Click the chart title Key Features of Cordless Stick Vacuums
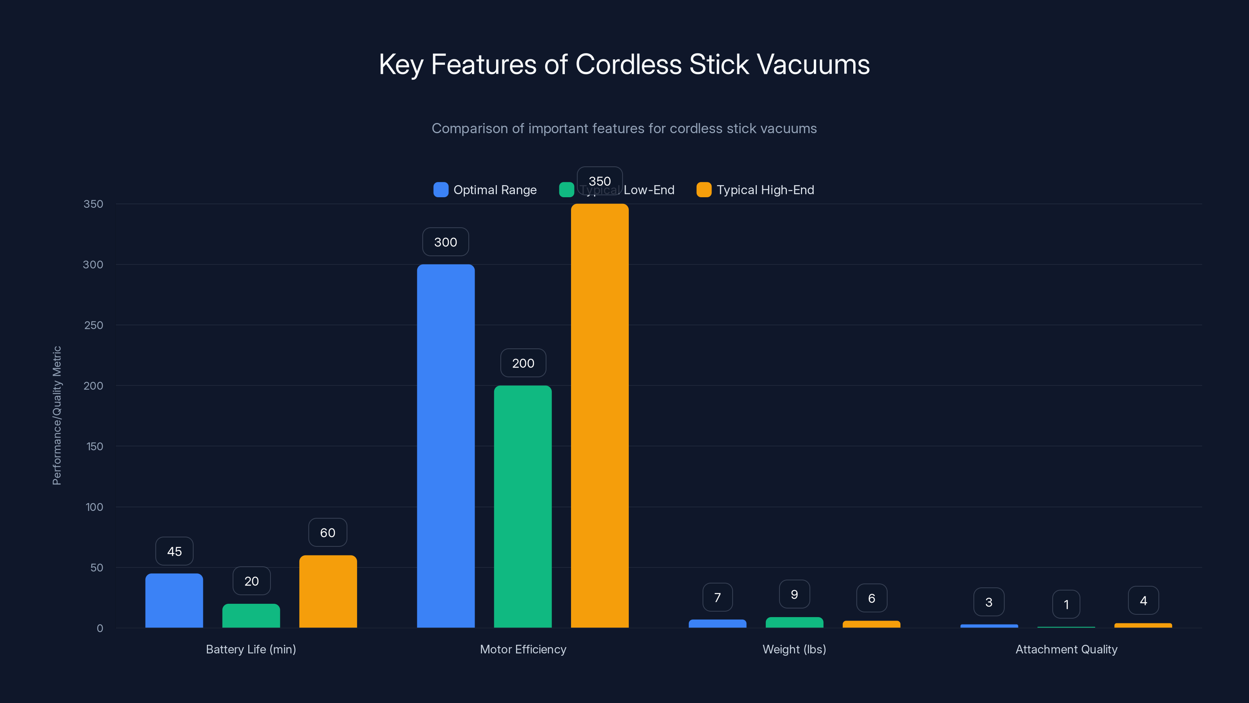coord(624,64)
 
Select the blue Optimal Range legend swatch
coord(440,190)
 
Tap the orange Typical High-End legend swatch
coord(703,190)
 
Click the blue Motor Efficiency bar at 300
coord(446,446)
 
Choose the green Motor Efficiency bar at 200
coord(523,507)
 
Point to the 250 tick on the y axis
coord(94,325)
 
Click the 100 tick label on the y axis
coord(94,507)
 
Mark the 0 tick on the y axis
coord(100,628)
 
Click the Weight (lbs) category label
coord(794,649)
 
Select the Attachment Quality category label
coord(1066,649)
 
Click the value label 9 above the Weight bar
coord(794,594)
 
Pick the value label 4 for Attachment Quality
coord(1143,601)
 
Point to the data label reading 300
coord(446,242)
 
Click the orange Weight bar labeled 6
coord(871,624)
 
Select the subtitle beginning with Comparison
coord(624,128)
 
